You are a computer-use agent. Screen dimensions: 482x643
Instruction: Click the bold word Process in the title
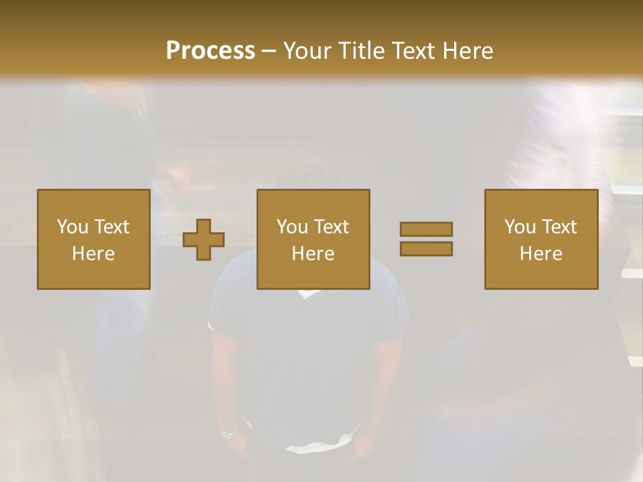pos(210,51)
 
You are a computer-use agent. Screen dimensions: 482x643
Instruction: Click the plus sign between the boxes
pos(204,240)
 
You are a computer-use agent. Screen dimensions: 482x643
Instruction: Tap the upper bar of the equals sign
pos(426,229)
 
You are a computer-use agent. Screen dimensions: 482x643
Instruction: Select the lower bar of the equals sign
pos(426,248)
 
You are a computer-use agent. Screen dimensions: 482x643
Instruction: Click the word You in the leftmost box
pos(72,227)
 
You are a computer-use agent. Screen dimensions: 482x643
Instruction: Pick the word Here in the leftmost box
pos(93,254)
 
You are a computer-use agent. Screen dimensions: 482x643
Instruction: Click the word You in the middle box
pos(292,227)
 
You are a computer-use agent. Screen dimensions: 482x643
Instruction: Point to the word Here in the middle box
pos(313,254)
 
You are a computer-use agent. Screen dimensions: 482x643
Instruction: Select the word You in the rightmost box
pos(520,227)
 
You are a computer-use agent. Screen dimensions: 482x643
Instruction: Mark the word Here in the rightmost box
pos(541,254)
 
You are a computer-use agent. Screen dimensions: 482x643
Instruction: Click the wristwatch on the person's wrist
pos(228,433)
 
